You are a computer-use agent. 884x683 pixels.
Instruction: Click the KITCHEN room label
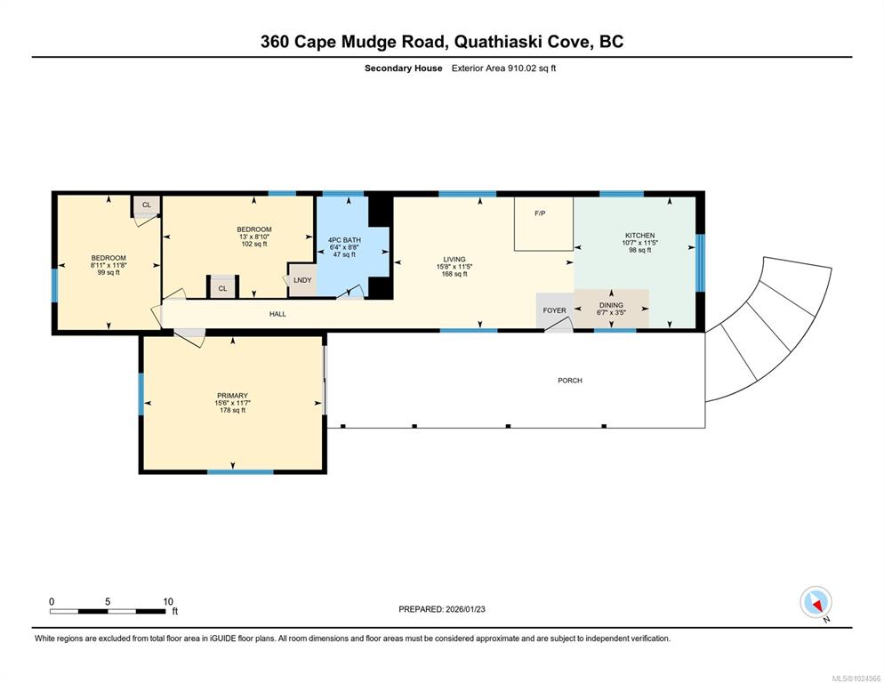click(640, 235)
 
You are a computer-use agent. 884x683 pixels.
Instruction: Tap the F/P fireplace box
click(543, 223)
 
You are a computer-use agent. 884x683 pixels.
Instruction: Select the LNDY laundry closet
click(302, 280)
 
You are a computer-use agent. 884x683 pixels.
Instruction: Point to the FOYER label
click(554, 310)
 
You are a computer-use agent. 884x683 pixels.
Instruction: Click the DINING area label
click(611, 305)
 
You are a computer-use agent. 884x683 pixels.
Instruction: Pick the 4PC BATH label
click(344, 240)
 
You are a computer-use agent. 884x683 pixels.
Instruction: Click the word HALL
click(277, 314)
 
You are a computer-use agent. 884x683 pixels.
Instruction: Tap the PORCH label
click(570, 381)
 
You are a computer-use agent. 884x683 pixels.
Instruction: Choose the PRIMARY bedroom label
click(232, 396)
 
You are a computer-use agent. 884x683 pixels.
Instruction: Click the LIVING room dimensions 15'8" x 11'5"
click(454, 267)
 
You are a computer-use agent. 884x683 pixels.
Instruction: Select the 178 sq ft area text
click(232, 410)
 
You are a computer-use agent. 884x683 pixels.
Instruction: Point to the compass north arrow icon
click(816, 602)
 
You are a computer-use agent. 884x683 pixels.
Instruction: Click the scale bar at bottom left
click(108, 611)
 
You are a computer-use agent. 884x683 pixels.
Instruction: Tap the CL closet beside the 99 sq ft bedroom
click(147, 205)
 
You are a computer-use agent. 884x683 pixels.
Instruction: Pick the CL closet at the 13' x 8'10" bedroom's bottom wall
click(222, 287)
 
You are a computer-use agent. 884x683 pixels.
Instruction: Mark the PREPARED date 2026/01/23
click(465, 609)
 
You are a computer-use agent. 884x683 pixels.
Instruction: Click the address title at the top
click(442, 42)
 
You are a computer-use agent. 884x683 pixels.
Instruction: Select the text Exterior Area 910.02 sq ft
click(503, 68)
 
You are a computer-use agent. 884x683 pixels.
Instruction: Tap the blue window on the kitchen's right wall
click(700, 262)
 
